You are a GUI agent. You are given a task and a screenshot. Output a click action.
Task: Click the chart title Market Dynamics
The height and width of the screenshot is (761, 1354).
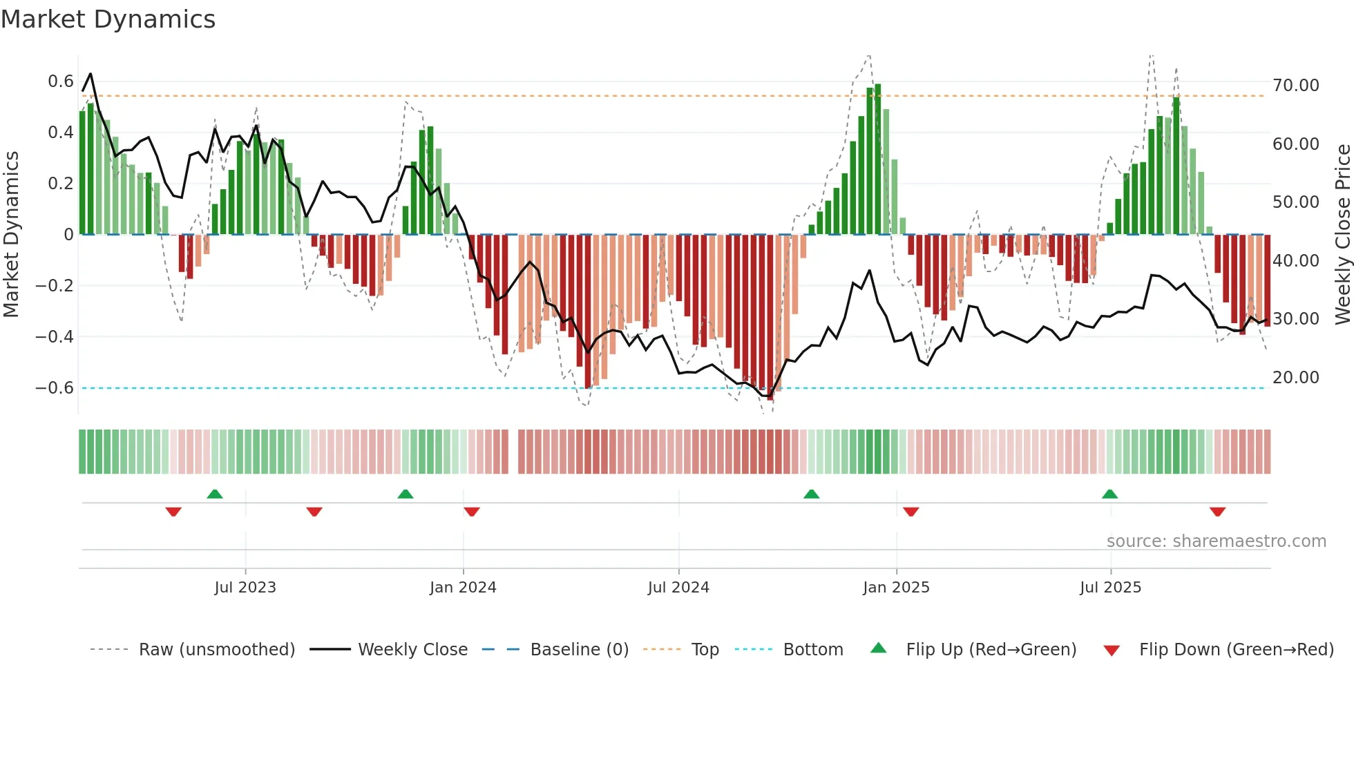pyautogui.click(x=108, y=19)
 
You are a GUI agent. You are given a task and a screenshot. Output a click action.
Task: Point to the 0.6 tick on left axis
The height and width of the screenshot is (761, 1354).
pyautogui.click(x=61, y=81)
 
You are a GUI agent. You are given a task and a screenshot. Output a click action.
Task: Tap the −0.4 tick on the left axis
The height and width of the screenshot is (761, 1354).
pyautogui.click(x=55, y=337)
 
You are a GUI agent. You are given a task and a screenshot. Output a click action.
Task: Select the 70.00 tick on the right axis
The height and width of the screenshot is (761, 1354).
pyautogui.click(x=1295, y=86)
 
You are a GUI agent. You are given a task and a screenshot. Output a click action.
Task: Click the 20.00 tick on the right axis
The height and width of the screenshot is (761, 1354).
pyautogui.click(x=1295, y=378)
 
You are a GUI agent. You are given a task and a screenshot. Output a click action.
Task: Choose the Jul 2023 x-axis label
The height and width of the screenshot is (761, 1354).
pyautogui.click(x=245, y=588)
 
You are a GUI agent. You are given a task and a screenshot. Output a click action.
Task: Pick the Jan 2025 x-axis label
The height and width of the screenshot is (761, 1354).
pyautogui.click(x=895, y=588)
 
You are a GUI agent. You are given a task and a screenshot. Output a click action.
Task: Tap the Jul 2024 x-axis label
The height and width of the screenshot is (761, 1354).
pyautogui.click(x=678, y=588)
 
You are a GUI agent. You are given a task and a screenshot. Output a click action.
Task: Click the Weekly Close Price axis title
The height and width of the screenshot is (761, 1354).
pyautogui.click(x=1342, y=234)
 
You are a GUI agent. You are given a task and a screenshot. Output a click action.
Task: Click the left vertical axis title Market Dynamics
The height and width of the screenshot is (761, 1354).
pyautogui.click(x=11, y=234)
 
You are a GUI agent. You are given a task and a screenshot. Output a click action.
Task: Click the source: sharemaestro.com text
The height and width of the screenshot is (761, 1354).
pyautogui.click(x=1216, y=541)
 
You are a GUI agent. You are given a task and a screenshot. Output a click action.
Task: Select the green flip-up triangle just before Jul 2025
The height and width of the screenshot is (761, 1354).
pyautogui.click(x=1109, y=494)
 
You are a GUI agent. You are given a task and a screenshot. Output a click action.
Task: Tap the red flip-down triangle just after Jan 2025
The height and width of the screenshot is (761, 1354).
pyautogui.click(x=910, y=511)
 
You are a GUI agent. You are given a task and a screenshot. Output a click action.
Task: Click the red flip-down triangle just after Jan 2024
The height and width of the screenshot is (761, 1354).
pyautogui.click(x=472, y=511)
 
